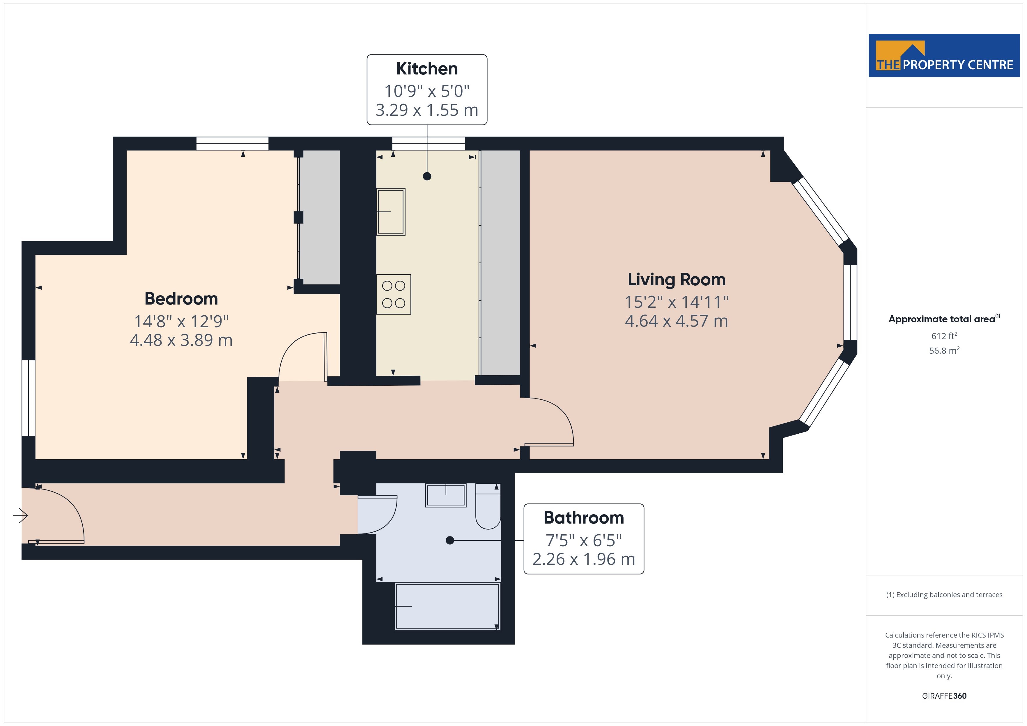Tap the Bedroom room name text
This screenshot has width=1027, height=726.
pyautogui.click(x=181, y=299)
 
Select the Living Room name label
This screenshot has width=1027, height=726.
pyautogui.click(x=676, y=280)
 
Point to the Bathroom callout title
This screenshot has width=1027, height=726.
pyautogui.click(x=584, y=518)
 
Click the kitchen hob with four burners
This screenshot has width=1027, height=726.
pyautogui.click(x=394, y=294)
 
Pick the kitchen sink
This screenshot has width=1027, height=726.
pyautogui.click(x=391, y=211)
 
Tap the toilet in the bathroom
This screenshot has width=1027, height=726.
pyautogui.click(x=488, y=506)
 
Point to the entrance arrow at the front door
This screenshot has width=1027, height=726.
pyautogui.click(x=20, y=516)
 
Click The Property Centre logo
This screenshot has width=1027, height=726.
pyautogui.click(x=944, y=56)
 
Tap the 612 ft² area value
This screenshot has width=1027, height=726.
pyautogui.click(x=944, y=336)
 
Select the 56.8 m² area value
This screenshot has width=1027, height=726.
pyautogui.click(x=944, y=350)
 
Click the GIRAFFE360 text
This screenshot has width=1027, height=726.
pyautogui.click(x=944, y=696)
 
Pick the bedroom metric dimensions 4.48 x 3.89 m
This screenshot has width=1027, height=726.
pyautogui.click(x=181, y=340)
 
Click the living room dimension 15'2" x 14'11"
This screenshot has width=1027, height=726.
pyautogui.click(x=676, y=302)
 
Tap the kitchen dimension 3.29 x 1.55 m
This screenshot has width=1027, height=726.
pyautogui.click(x=427, y=110)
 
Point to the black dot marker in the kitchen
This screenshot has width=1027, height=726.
pyautogui.click(x=427, y=176)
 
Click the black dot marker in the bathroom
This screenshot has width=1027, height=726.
pyautogui.click(x=450, y=540)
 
